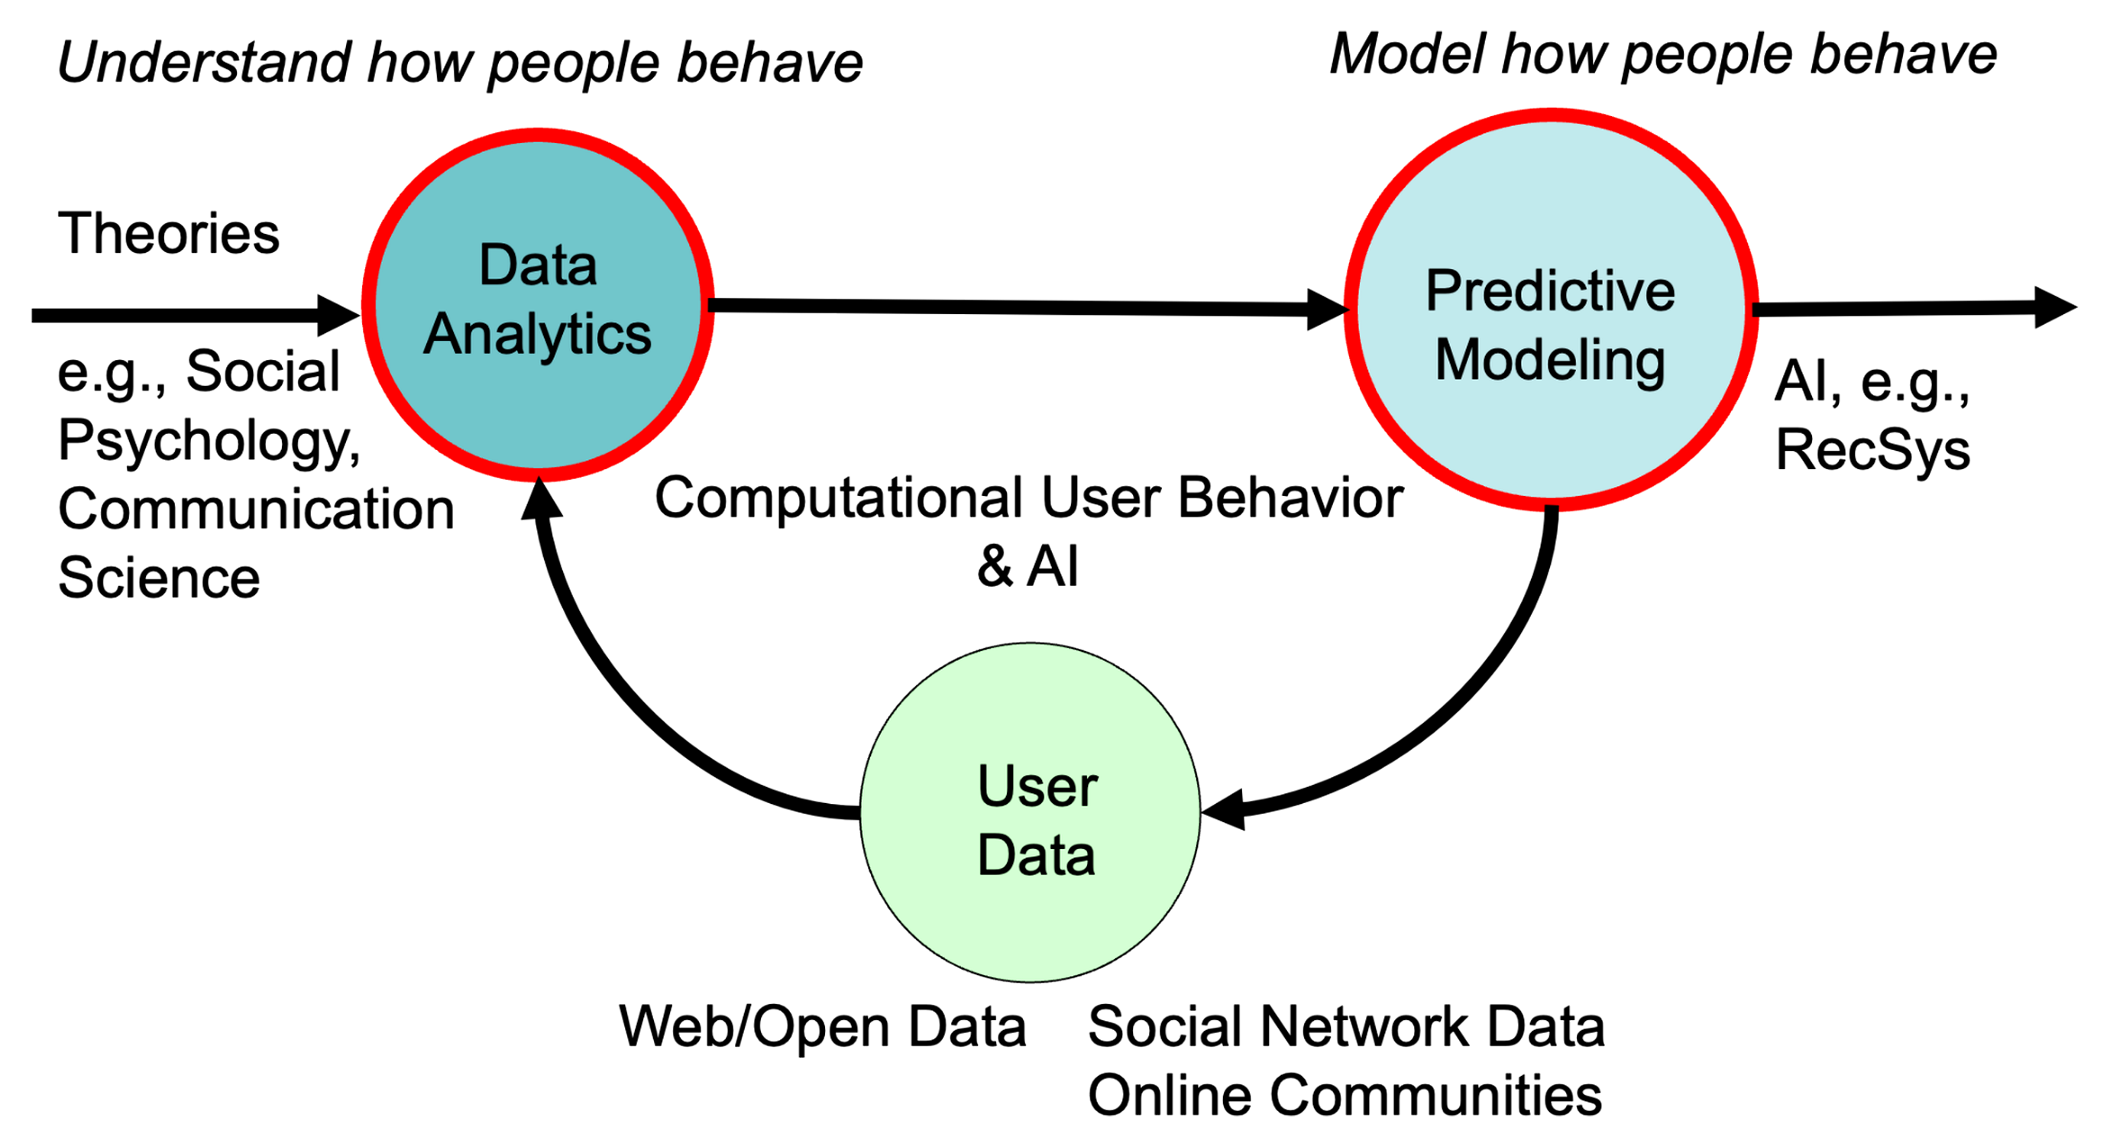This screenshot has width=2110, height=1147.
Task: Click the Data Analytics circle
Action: [x=537, y=303]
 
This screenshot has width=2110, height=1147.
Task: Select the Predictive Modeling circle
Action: [x=1550, y=309]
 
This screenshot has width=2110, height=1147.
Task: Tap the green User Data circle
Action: [x=1031, y=813]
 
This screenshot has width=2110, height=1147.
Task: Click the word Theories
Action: [x=169, y=234]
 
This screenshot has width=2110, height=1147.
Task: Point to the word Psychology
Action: [x=208, y=441]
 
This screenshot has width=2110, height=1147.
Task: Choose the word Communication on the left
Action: [x=256, y=510]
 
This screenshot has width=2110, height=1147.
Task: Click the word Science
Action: [x=159, y=578]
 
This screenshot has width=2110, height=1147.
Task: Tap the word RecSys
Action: [x=1872, y=451]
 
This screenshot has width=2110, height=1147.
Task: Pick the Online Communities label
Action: [x=1344, y=1097]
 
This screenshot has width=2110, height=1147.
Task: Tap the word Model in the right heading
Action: [x=1406, y=56]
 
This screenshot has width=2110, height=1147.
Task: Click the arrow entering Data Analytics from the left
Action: [x=180, y=316]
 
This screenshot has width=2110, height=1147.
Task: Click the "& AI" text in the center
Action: [x=1027, y=567]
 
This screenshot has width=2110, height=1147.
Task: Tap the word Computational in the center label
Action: [x=839, y=498]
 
